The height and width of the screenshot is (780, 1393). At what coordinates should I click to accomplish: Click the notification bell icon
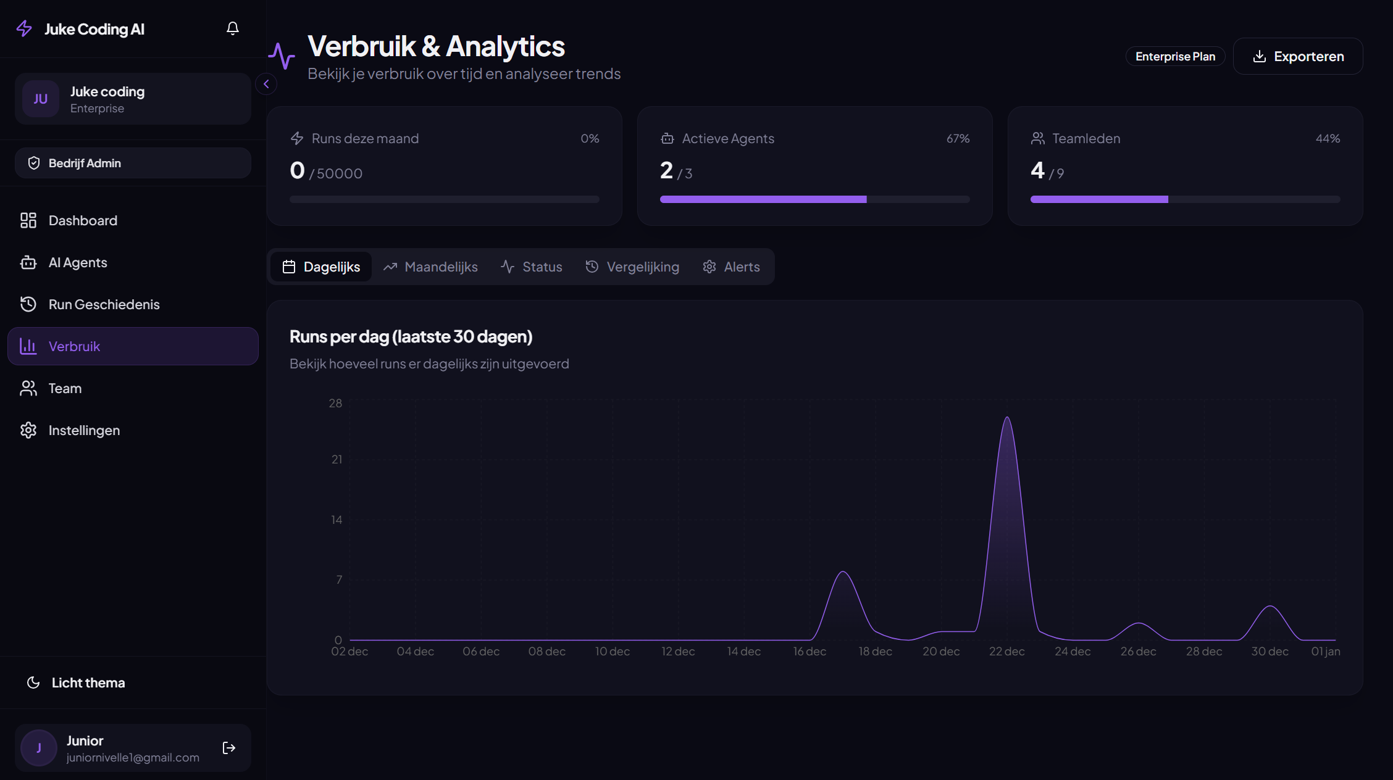pos(233,28)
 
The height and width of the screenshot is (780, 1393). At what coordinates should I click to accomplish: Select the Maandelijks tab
pos(430,267)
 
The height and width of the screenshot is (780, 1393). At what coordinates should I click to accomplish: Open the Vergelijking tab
pos(632,267)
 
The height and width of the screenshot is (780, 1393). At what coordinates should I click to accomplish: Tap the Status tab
pos(532,267)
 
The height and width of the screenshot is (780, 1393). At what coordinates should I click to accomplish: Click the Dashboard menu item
pos(83,220)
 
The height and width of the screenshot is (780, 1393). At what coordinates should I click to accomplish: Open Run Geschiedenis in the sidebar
pos(104,304)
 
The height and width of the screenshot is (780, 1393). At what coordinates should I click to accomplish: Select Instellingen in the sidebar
pos(84,430)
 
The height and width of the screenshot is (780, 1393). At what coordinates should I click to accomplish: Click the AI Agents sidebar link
pos(78,262)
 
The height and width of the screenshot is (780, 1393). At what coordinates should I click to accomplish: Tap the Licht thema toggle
pos(88,682)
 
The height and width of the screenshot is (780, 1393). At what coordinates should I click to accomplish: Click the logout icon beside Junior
pos(229,748)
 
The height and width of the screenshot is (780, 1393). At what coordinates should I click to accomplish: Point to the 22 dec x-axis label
pos(1006,652)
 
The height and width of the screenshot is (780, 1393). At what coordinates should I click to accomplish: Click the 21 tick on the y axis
pos(337,459)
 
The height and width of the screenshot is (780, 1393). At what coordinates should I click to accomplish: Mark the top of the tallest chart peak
pos(1007,418)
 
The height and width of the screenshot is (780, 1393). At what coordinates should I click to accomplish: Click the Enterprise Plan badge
pos(1175,56)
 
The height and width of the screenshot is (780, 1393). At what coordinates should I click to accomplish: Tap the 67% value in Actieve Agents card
pos(958,139)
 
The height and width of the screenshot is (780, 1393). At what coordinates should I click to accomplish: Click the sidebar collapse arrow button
pos(266,84)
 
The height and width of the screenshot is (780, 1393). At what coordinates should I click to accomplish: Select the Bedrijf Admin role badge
pos(133,163)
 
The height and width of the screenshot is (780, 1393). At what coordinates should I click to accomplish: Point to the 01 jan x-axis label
pos(1325,652)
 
